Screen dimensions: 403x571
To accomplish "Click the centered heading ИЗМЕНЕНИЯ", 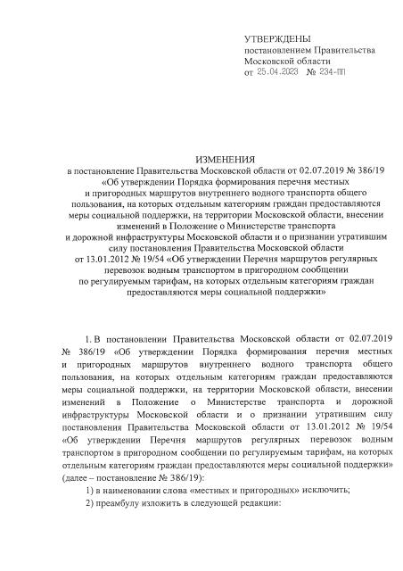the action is click(x=201, y=156).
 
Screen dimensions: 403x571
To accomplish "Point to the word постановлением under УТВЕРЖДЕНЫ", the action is click(x=282, y=52).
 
